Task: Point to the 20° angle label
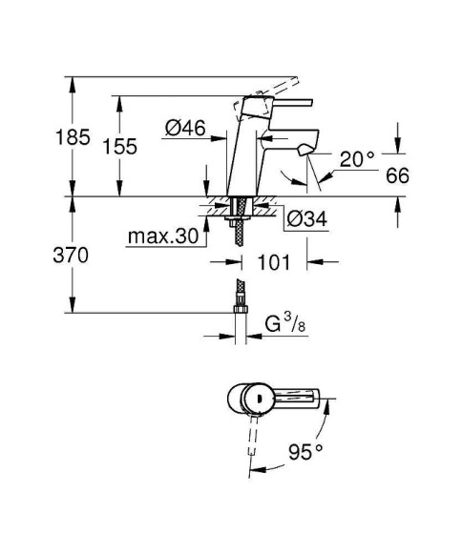coord(356,159)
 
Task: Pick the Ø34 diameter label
coord(306,219)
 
